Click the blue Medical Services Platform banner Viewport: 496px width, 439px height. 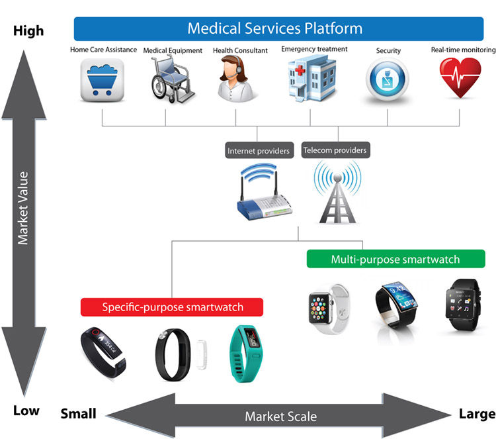coord(274,28)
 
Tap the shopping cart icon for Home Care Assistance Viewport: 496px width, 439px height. coord(102,80)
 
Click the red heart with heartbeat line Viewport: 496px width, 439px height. coord(461,78)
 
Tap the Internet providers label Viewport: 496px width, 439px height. coord(259,151)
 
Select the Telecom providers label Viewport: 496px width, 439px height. coord(334,150)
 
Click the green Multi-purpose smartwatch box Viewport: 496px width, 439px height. coord(395,259)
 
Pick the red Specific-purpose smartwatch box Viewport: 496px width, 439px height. coord(172,307)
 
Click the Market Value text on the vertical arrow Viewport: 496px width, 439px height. coord(24,208)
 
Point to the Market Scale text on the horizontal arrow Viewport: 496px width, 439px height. coord(280,416)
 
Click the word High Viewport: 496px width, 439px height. coord(28,31)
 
